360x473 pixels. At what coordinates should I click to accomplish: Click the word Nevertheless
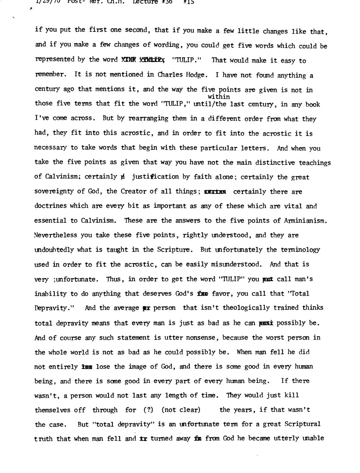pos(56,236)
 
